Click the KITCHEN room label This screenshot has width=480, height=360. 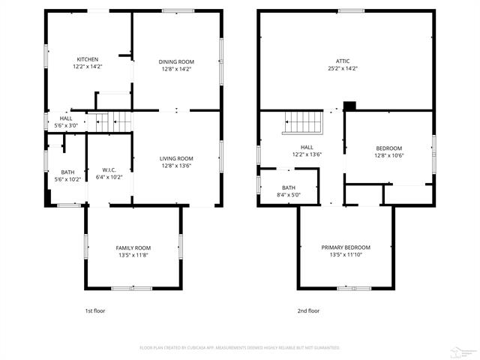[x=88, y=60]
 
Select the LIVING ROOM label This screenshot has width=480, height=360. [x=175, y=158]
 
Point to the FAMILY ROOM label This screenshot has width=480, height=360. [x=133, y=247]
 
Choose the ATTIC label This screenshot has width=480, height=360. [x=342, y=61]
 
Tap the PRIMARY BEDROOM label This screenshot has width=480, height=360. [x=346, y=247]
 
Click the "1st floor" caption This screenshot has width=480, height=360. [x=95, y=310]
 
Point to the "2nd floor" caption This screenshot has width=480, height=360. [x=308, y=310]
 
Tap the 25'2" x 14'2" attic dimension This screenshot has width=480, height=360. [x=342, y=68]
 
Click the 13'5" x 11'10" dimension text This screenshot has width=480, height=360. [x=346, y=255]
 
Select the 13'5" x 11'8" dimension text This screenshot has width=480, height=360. [x=133, y=255]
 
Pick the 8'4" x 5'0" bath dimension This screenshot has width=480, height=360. [x=289, y=195]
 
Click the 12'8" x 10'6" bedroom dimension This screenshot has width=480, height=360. [x=388, y=155]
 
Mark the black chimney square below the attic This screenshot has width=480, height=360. [x=349, y=106]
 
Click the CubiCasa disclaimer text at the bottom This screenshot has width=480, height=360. [x=240, y=348]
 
